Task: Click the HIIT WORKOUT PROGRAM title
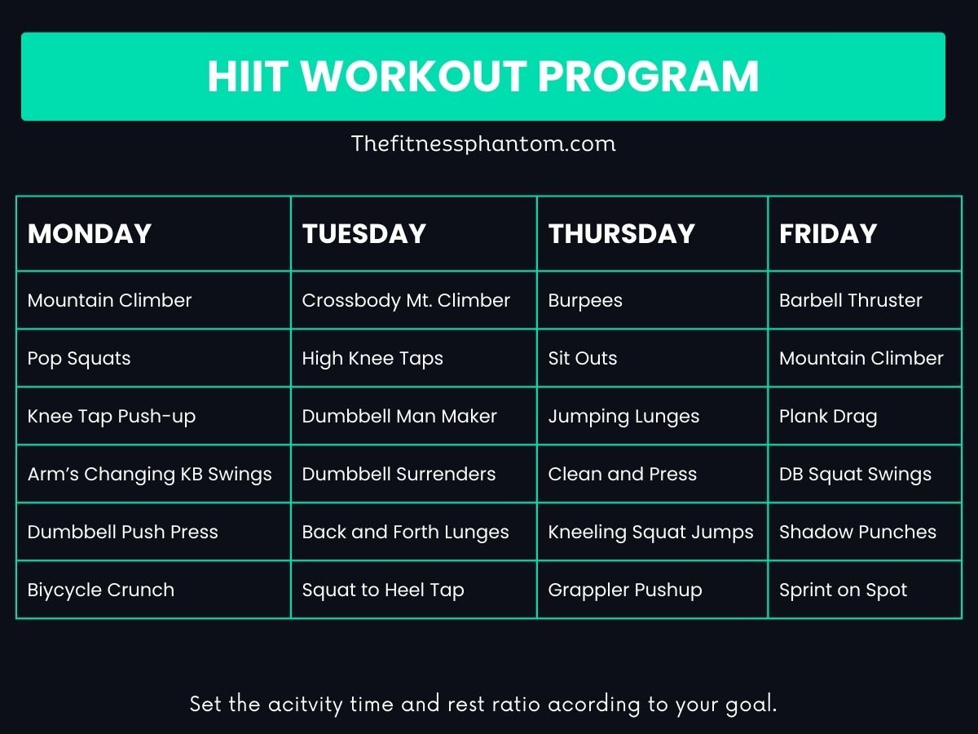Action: (x=483, y=77)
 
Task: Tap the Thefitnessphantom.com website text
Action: (x=483, y=144)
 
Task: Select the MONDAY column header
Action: (x=90, y=234)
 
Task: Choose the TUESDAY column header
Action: (x=364, y=234)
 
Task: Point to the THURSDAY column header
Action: (x=621, y=234)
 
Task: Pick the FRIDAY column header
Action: (x=828, y=234)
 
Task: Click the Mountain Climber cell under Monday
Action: (x=110, y=300)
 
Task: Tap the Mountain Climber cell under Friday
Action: (x=861, y=358)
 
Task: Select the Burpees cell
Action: (x=585, y=300)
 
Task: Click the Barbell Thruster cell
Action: (x=850, y=300)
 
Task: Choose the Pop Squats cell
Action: (x=79, y=358)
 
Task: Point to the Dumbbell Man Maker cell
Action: (x=399, y=416)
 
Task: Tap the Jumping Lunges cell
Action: (x=623, y=416)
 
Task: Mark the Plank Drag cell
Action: (x=828, y=416)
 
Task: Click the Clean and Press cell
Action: (x=623, y=474)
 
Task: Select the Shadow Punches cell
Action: (x=857, y=532)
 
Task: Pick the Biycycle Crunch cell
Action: (x=101, y=590)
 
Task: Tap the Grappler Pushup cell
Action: (x=625, y=590)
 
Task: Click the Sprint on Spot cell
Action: (x=843, y=590)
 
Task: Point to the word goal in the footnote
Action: (x=751, y=705)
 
